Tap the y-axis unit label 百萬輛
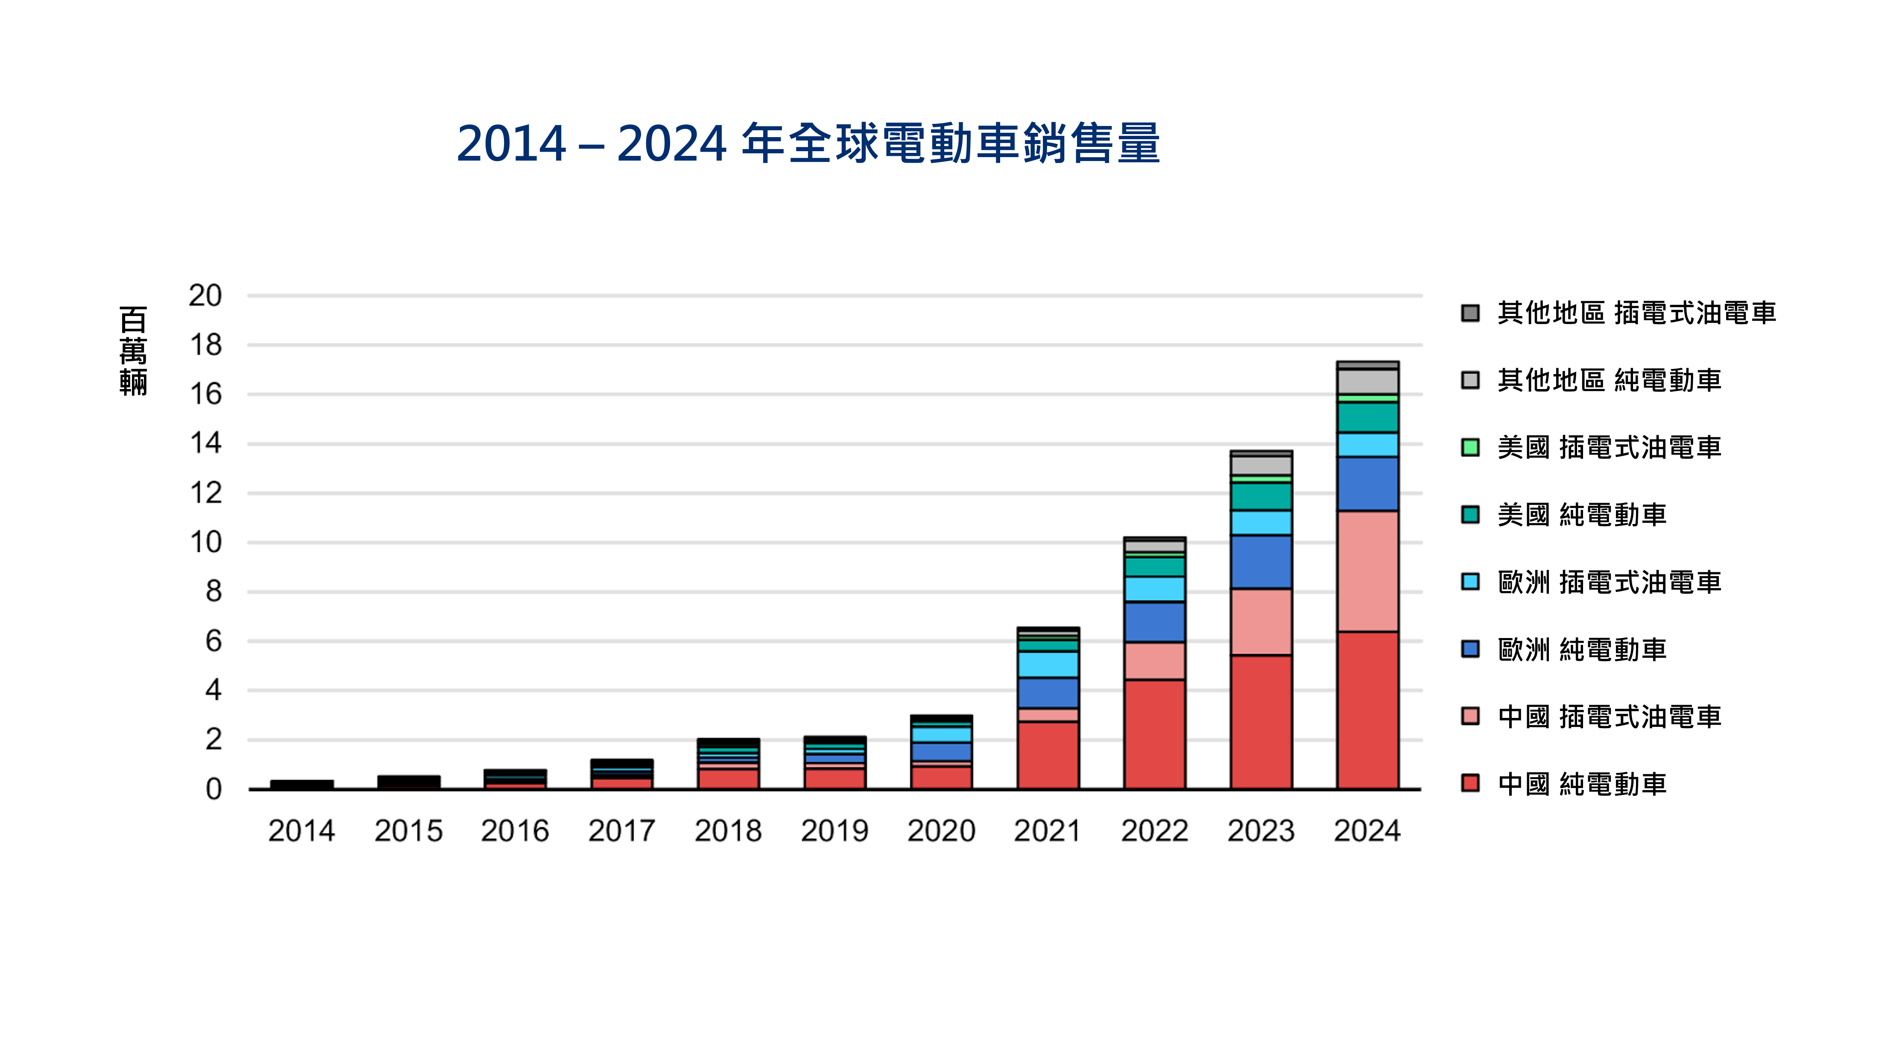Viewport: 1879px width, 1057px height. click(x=134, y=351)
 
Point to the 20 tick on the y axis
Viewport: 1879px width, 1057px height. click(x=205, y=296)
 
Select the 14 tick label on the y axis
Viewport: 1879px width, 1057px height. click(x=205, y=444)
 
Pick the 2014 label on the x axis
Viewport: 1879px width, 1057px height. click(x=301, y=831)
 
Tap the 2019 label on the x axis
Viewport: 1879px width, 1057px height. click(x=834, y=831)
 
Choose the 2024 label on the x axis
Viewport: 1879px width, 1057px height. click(x=1367, y=831)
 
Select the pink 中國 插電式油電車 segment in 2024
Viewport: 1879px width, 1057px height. click(x=1367, y=571)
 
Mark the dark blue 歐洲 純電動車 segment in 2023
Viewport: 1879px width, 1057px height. click(x=1261, y=562)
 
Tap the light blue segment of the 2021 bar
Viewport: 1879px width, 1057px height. click(x=1048, y=665)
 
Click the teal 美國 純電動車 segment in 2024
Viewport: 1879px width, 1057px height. click(x=1367, y=417)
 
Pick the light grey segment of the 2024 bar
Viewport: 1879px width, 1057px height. click(x=1367, y=381)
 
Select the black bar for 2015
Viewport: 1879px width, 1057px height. click(x=409, y=781)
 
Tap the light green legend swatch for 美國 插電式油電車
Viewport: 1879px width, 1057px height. click(x=1470, y=447)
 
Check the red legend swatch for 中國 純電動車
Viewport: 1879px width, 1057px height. click(x=1470, y=783)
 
